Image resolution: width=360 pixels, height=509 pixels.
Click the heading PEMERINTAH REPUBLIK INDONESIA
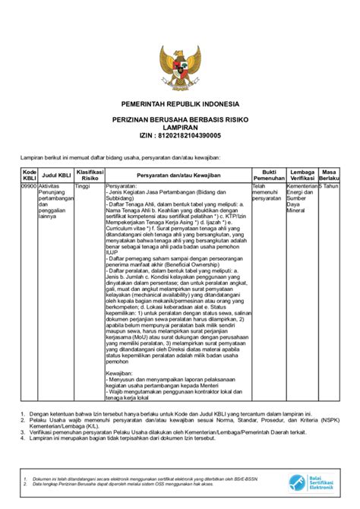coord(180,103)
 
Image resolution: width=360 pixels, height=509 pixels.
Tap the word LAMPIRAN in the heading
coord(180,128)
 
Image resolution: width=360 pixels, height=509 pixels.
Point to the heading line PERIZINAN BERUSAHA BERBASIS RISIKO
coord(180,120)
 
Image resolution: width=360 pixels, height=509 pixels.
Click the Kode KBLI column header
coord(29,175)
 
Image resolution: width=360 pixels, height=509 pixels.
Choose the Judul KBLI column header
coord(56,174)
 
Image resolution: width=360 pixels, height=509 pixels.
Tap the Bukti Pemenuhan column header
coord(269,175)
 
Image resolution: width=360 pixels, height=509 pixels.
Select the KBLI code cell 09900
coord(29,185)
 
